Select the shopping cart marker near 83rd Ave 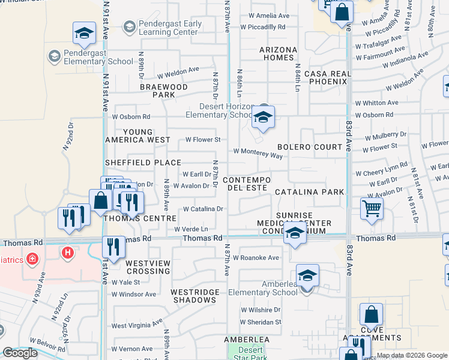pos(372,209)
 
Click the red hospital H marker pos(68,253)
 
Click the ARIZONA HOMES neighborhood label pos(278,53)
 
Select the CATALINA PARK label pos(309,192)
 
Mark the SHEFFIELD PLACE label pos(143,163)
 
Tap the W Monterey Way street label pos(258,154)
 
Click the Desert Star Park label pos(250,354)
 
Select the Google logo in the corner pos(20,353)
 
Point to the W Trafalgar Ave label pos(378,42)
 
